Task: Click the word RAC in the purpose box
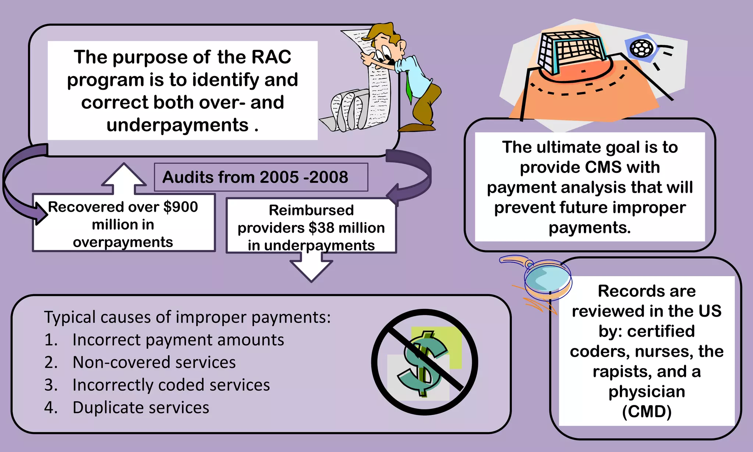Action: tap(271, 57)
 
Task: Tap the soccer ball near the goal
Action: tap(642, 48)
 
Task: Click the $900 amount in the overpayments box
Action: tap(181, 207)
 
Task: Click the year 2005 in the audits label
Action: tap(279, 177)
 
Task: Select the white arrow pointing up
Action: tap(124, 178)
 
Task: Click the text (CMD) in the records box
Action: tap(646, 412)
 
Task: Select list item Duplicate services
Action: tap(140, 407)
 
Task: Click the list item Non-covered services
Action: tap(154, 362)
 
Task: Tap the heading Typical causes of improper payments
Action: tap(187, 317)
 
